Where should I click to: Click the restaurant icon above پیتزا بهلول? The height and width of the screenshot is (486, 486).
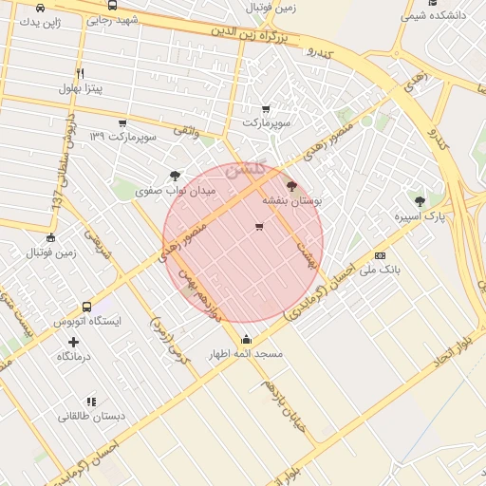[x=81, y=73]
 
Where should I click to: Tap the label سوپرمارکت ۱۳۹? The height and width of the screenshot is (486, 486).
[x=122, y=137]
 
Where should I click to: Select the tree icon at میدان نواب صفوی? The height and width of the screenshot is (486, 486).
[x=175, y=176]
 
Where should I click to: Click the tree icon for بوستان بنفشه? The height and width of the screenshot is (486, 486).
[x=290, y=186]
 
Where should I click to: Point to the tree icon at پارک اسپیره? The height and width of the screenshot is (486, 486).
[x=420, y=200]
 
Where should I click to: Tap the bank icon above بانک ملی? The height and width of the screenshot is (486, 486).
[x=380, y=254]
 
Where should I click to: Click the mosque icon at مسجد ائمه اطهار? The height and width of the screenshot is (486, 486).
[x=247, y=339]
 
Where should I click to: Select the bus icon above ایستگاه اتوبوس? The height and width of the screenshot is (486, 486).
[x=87, y=307]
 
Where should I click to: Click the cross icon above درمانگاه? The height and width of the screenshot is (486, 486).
[x=73, y=340]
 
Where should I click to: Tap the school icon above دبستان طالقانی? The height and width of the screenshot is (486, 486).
[x=91, y=402]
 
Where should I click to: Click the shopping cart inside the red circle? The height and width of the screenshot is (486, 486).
[x=259, y=226]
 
